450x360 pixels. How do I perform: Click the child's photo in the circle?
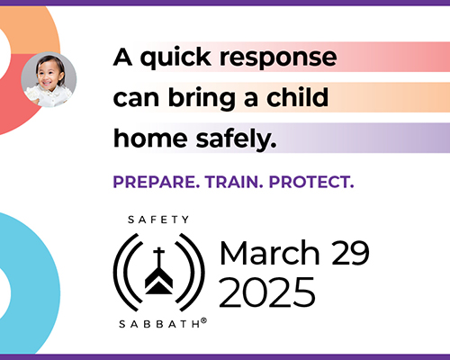pos(49,79)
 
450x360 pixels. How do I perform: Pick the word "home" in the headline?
pos(149,138)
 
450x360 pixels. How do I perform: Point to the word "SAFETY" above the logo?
pos(158,219)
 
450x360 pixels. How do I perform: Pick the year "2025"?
pos(267,291)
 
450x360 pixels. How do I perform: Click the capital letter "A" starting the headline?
pos(122,58)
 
